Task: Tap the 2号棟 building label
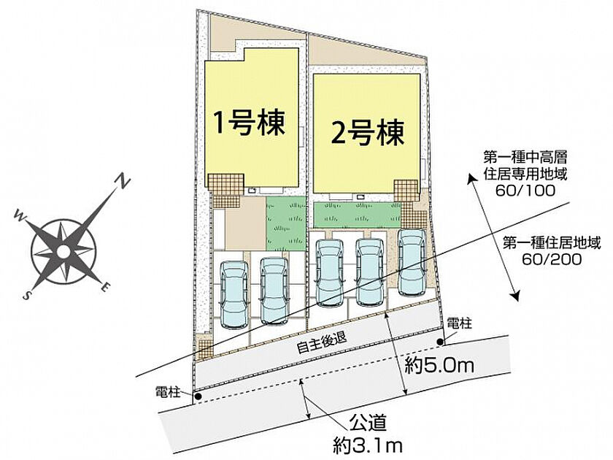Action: pyautogui.click(x=367, y=132)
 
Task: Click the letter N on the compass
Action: pyautogui.click(x=123, y=182)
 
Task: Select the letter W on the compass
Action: pyautogui.click(x=19, y=215)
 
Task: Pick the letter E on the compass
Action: pyautogui.click(x=105, y=287)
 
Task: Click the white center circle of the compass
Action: pyautogui.click(x=63, y=251)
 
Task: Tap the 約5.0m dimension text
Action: pyautogui.click(x=439, y=365)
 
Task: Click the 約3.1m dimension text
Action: pyautogui.click(x=368, y=445)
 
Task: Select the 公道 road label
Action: pyautogui.click(x=368, y=423)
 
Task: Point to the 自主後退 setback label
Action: pyautogui.click(x=321, y=342)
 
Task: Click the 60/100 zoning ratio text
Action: pyautogui.click(x=525, y=191)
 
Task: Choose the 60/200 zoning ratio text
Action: pyautogui.click(x=551, y=259)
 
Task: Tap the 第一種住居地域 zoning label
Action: pyautogui.click(x=551, y=243)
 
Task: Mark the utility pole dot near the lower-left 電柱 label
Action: pyautogui.click(x=198, y=396)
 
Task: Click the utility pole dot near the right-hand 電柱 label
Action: pyautogui.click(x=440, y=342)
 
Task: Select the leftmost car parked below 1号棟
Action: pyautogui.click(x=234, y=294)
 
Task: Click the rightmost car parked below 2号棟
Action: pyautogui.click(x=412, y=261)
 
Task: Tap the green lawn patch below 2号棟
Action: pyautogui.click(x=358, y=215)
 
